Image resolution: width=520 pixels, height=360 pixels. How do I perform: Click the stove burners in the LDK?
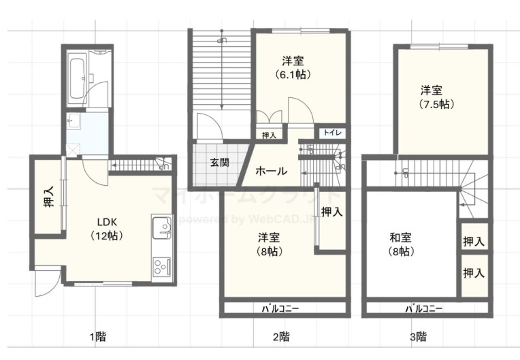[x=161, y=265]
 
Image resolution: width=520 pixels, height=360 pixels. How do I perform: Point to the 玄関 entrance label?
[x=219, y=163]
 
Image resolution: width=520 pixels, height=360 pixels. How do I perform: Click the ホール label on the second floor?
[x=271, y=171]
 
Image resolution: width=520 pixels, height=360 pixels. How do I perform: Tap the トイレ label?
[x=333, y=133]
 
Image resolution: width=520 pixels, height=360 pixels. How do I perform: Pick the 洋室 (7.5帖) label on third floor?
[x=436, y=97]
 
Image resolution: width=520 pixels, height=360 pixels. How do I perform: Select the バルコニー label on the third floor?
[x=423, y=308]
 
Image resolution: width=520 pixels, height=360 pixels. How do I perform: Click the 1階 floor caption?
[x=97, y=336]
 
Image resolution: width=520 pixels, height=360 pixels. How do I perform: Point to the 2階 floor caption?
[x=281, y=336]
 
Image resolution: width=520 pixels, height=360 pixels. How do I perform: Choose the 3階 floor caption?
[x=418, y=336]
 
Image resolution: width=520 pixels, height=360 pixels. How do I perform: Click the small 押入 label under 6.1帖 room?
[x=270, y=135]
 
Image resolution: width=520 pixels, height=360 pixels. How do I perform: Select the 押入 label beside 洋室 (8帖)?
[x=331, y=212]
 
